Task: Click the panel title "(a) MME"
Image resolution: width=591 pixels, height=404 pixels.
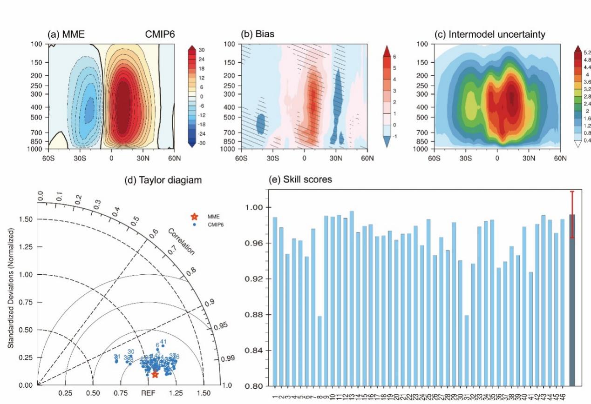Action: point(66,34)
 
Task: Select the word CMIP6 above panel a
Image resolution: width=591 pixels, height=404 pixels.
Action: point(159,34)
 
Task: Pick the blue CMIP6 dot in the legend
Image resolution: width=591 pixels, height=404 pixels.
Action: point(194,225)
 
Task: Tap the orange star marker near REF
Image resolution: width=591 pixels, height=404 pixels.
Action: point(155,374)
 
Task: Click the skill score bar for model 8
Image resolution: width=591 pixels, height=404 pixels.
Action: point(320,351)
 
